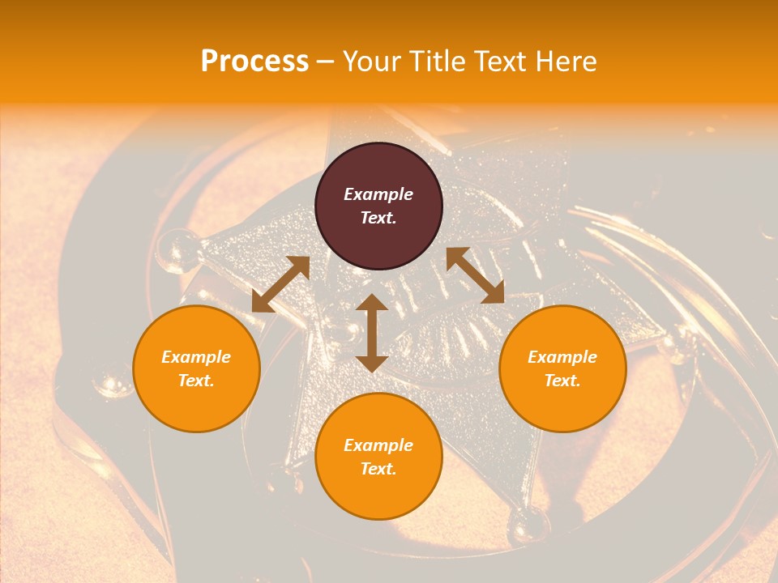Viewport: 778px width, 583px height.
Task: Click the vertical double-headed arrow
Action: [x=372, y=333]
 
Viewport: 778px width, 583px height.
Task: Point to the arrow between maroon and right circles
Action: [x=475, y=275]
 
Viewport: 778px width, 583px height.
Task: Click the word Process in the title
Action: [x=254, y=62]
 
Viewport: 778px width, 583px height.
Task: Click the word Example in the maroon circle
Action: [x=378, y=194]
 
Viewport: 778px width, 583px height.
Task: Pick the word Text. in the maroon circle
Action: [x=378, y=218]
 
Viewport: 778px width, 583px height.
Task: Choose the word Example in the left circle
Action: [x=196, y=357]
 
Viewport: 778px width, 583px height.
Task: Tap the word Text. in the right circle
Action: [x=562, y=381]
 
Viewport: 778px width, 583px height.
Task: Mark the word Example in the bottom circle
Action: [x=378, y=445]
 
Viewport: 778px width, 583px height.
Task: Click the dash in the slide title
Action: [x=326, y=62]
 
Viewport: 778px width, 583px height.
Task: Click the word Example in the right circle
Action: [x=562, y=357]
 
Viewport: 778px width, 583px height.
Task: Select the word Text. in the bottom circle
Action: [x=378, y=469]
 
